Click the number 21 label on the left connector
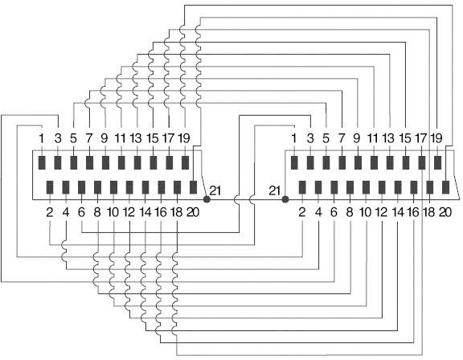(x=215, y=191)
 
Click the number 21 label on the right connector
(x=274, y=191)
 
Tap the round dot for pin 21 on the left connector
(x=207, y=199)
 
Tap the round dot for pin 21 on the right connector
(x=285, y=199)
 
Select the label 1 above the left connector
(x=42, y=138)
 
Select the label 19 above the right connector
(x=436, y=138)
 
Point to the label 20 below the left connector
(x=193, y=212)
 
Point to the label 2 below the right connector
(x=301, y=212)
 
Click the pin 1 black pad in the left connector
(x=42, y=162)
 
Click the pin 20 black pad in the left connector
(x=193, y=187)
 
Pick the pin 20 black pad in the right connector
(x=445, y=187)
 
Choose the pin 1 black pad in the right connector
(x=294, y=162)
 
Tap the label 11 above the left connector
(x=121, y=138)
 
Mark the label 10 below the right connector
(x=366, y=212)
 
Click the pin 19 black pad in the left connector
(x=185, y=162)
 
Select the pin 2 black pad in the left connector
(x=50, y=187)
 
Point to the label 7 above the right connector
(x=342, y=138)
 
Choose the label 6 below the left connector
(x=81, y=212)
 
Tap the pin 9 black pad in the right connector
(x=358, y=162)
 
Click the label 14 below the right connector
(x=398, y=212)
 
